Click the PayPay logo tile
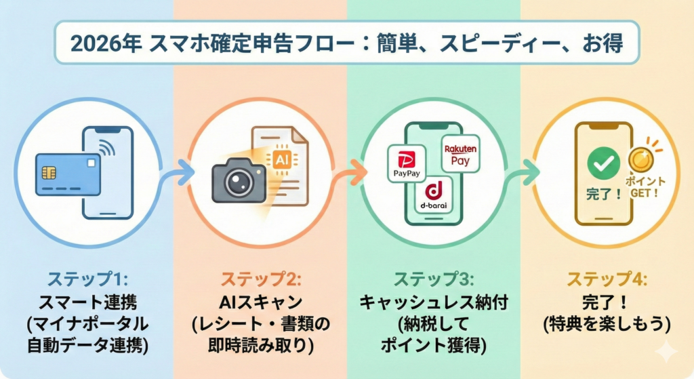point(405,163)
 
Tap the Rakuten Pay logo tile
point(460,153)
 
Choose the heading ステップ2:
point(260,279)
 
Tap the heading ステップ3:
point(433,279)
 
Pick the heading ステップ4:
point(607,279)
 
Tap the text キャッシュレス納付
point(433,300)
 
